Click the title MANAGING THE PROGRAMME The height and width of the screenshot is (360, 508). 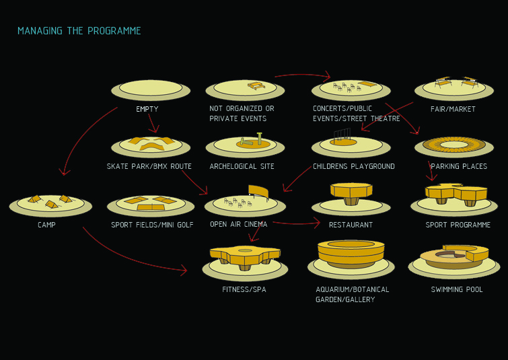pos(79,31)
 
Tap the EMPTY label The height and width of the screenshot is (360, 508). pos(147,109)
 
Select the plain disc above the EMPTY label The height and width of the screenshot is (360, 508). pos(151,88)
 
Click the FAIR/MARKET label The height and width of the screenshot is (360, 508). pos(453,109)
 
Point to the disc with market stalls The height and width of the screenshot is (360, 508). pos(454,87)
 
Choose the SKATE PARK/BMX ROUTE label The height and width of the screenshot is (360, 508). pos(149,166)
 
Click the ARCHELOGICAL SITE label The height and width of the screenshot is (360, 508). pos(242,166)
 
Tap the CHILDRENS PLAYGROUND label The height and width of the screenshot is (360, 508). pos(353,166)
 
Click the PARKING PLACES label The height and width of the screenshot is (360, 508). pos(459,166)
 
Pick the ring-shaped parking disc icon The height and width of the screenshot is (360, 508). pos(453,145)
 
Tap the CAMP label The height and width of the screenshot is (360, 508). pos(46,225)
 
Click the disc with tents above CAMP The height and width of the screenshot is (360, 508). pos(50,203)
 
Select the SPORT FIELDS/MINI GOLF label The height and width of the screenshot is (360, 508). pos(152,225)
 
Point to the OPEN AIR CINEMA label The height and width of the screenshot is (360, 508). pos(238,225)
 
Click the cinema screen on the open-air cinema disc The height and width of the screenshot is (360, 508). pos(258,192)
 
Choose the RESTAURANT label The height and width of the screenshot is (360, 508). pos(351,225)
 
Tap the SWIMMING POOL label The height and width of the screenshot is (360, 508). pos(457,289)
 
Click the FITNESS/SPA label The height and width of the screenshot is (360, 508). pos(244,289)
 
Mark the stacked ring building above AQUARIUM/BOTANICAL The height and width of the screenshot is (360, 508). pos(351,252)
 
